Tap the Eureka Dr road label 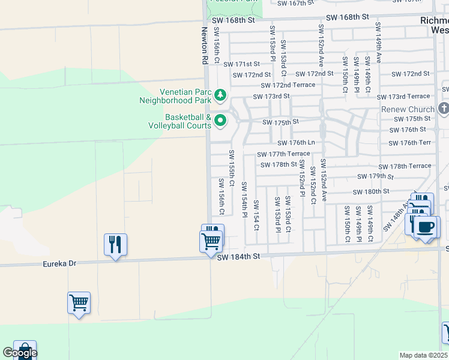point(60,263)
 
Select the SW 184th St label point(238,257)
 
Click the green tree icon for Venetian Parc point(220,95)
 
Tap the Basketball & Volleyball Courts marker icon point(220,121)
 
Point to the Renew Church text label point(408,110)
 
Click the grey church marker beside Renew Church point(444,108)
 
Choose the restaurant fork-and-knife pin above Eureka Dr point(115,244)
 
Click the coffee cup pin point(426,227)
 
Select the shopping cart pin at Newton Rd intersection point(211,241)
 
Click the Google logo point(20,353)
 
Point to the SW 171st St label point(241,64)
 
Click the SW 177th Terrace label point(283,154)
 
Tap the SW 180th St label point(372,191)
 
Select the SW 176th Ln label point(296,143)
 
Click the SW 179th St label point(375,176)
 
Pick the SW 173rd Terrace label point(403,97)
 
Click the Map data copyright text point(424,355)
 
